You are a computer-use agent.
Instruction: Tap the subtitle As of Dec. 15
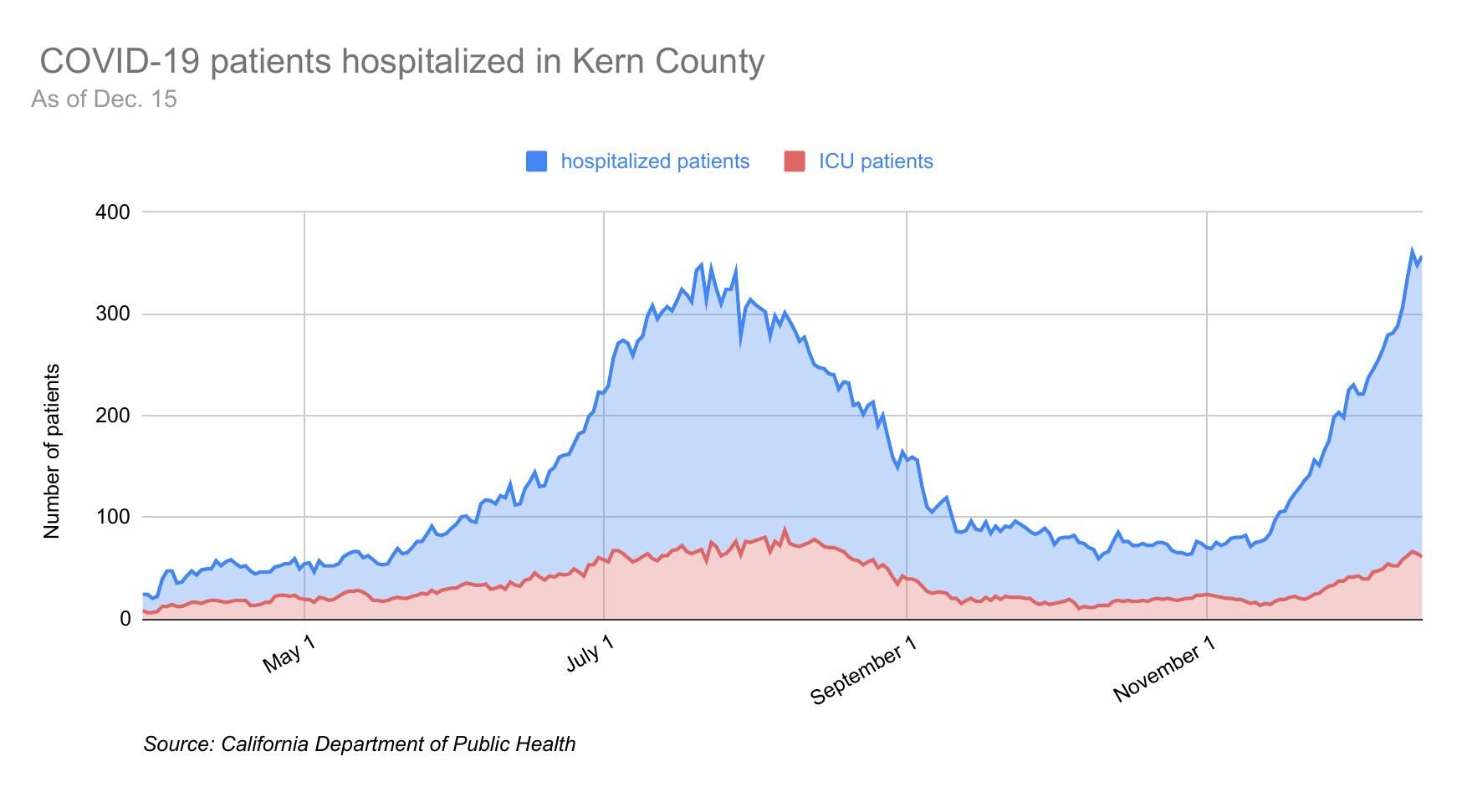coord(104,100)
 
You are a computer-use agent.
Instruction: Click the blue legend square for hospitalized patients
coord(536,161)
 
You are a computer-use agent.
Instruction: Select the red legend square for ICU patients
coord(795,161)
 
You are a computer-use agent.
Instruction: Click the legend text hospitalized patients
coord(655,161)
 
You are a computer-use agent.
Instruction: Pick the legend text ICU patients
coord(876,161)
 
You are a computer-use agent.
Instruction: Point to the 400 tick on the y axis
coord(113,212)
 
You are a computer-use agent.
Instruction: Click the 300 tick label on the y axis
coord(113,314)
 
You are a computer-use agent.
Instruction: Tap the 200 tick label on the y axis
coord(113,416)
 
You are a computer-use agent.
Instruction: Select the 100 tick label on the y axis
coord(113,518)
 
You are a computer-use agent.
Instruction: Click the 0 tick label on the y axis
coord(125,619)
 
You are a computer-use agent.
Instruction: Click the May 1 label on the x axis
coord(289,654)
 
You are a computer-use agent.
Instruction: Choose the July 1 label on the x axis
coord(590,654)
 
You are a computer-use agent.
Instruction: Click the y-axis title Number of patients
coord(52,451)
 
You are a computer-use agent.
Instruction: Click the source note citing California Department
coord(359,744)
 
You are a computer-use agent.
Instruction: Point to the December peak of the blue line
coord(1412,250)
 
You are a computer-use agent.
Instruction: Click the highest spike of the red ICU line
coord(785,529)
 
